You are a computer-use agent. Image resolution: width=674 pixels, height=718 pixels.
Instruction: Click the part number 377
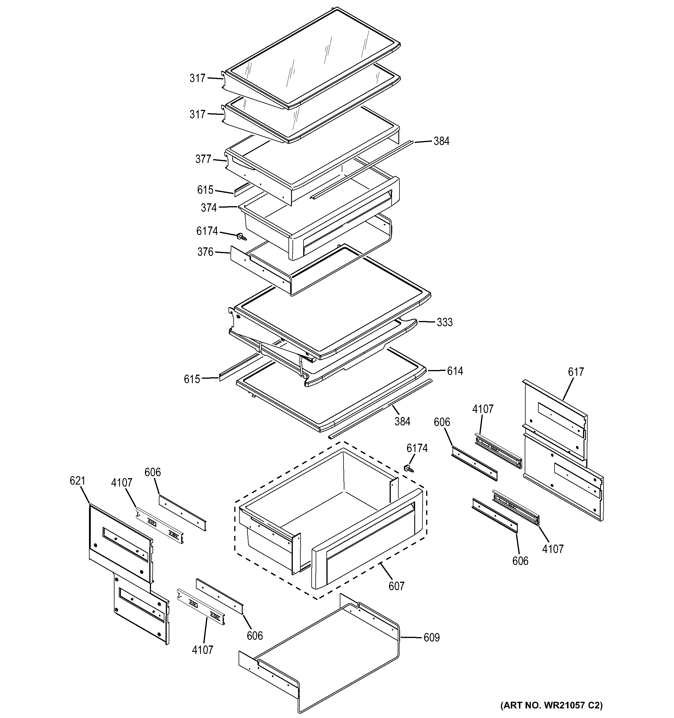pos(203,159)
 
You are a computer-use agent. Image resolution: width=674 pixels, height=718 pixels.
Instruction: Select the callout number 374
pos(209,208)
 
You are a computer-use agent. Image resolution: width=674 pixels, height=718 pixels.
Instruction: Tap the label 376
pos(205,252)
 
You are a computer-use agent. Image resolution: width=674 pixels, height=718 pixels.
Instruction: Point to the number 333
pos(444,322)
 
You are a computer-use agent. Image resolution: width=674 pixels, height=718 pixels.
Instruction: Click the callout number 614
pos(455,371)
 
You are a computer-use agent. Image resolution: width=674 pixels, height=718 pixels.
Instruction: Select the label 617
pos(575,372)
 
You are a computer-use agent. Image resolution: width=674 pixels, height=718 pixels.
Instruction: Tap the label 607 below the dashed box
pos(396,586)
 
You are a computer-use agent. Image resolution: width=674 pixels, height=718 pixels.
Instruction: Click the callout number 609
pos(431,638)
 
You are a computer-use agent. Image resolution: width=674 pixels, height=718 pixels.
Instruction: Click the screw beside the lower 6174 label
pos(409,468)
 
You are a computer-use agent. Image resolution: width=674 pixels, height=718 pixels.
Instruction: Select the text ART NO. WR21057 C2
pos(551,705)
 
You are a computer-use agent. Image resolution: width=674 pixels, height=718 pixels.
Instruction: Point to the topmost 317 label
pos(197,78)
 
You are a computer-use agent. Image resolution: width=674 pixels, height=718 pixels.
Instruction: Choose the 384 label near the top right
pos(441,141)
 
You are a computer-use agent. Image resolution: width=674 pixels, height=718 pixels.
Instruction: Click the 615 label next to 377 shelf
pos(205,190)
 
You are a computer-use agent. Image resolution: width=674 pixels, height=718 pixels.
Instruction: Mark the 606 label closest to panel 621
pos(152,472)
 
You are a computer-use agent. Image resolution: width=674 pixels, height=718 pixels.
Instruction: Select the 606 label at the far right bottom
pos(520,561)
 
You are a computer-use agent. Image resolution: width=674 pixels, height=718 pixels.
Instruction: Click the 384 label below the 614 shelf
pos(402,421)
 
